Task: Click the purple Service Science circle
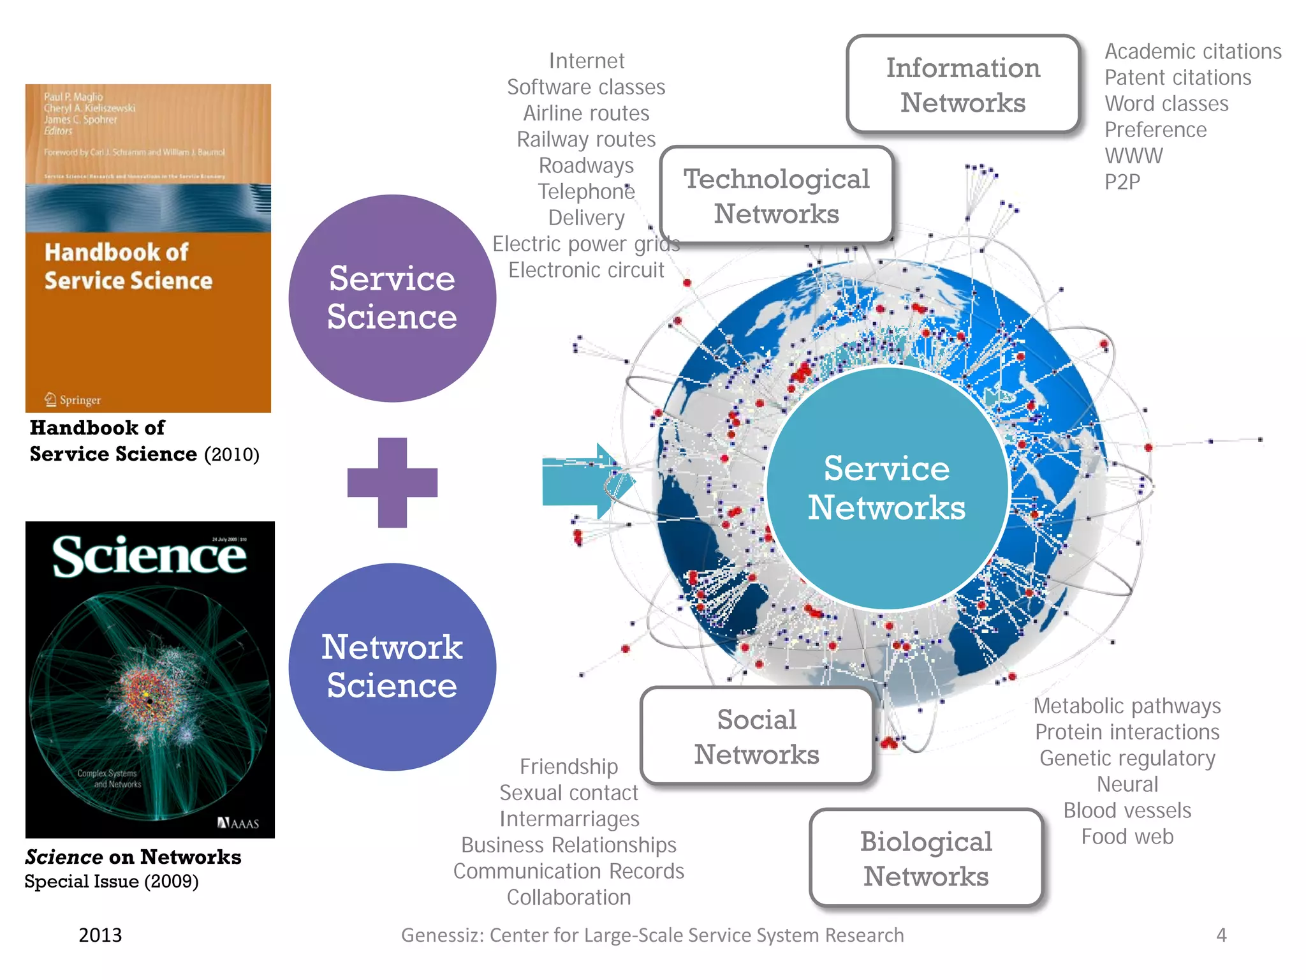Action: coord(392,298)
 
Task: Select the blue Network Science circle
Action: coord(392,667)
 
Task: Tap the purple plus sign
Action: coord(392,482)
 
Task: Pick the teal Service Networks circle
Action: coord(886,488)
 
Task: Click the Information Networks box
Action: coord(963,85)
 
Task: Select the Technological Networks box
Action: coord(776,196)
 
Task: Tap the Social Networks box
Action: coord(757,736)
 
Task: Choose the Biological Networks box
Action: coord(926,858)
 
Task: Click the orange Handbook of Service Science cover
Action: coord(148,248)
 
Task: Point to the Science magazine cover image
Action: coord(150,679)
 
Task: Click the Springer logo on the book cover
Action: coord(73,400)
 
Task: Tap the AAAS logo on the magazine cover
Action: coord(238,823)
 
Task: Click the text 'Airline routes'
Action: coord(586,113)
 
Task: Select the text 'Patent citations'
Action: coord(1178,77)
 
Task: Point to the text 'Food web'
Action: coord(1127,836)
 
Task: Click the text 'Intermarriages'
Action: coord(569,819)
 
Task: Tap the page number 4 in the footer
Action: coord(1221,935)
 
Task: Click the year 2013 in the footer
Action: coord(100,935)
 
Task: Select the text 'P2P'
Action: coord(1122,182)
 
